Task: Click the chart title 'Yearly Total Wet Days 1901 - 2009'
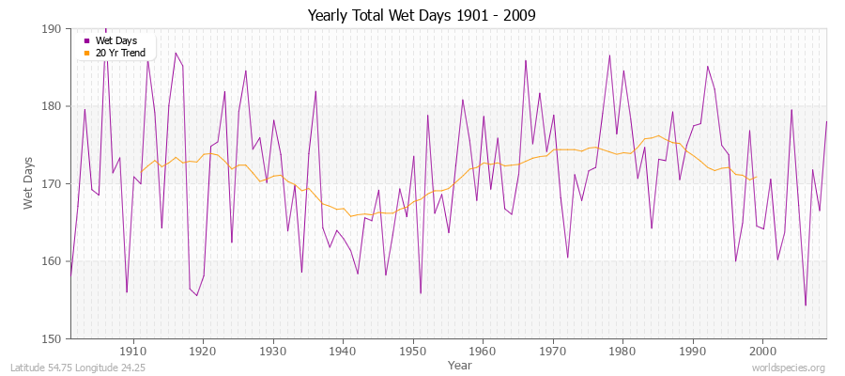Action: point(422,16)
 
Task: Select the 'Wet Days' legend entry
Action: point(115,40)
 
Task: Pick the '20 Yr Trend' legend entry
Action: point(120,53)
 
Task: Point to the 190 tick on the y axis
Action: point(54,29)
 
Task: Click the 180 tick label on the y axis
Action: point(54,106)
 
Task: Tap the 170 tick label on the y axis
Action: point(54,183)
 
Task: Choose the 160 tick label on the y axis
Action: point(54,261)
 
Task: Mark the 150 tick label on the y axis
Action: point(54,338)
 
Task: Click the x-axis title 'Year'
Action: point(460,364)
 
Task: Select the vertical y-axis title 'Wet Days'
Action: point(28,183)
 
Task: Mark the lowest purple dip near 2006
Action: point(806,305)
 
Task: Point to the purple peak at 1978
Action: point(609,55)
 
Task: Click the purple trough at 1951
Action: point(421,293)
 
